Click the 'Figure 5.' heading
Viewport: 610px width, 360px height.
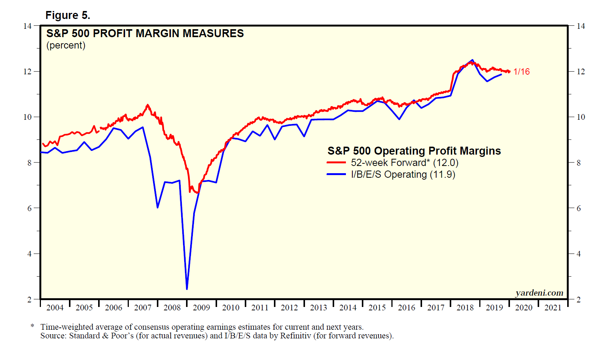pyautogui.click(x=68, y=15)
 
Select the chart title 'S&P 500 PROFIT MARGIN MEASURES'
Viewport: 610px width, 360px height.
pyautogui.click(x=145, y=33)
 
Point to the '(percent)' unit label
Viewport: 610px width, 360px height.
pyautogui.click(x=66, y=45)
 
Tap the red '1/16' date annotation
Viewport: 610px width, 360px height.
pyautogui.click(x=521, y=72)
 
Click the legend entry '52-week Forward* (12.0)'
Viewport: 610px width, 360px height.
pyautogui.click(x=404, y=163)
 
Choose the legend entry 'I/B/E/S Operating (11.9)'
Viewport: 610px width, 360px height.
pyautogui.click(x=403, y=174)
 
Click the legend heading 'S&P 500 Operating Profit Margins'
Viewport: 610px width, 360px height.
pyautogui.click(x=414, y=151)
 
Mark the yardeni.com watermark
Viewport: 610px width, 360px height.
pyautogui.click(x=539, y=293)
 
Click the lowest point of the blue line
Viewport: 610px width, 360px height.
pyautogui.click(x=187, y=289)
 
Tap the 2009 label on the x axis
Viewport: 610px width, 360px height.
pyautogui.click(x=201, y=307)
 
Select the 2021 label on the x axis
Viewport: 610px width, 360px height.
pyautogui.click(x=553, y=307)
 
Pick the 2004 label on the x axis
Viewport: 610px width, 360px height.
pyautogui.click(x=55, y=307)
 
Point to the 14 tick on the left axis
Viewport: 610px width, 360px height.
pyautogui.click(x=28, y=26)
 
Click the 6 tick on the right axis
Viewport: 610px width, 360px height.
pyautogui.click(x=579, y=208)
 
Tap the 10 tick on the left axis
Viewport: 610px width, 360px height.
pyautogui.click(x=28, y=117)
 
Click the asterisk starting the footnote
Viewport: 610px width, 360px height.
pyautogui.click(x=33, y=326)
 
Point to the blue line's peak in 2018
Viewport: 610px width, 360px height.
pyautogui.click(x=472, y=60)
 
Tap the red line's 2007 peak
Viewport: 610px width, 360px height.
pyautogui.click(x=148, y=105)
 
